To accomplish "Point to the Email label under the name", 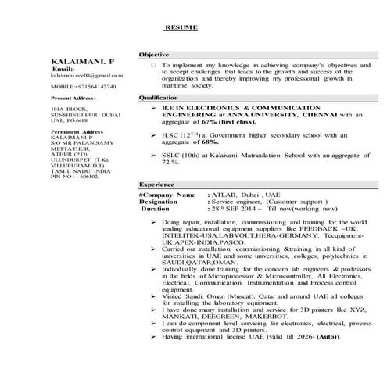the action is [x=67, y=69].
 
